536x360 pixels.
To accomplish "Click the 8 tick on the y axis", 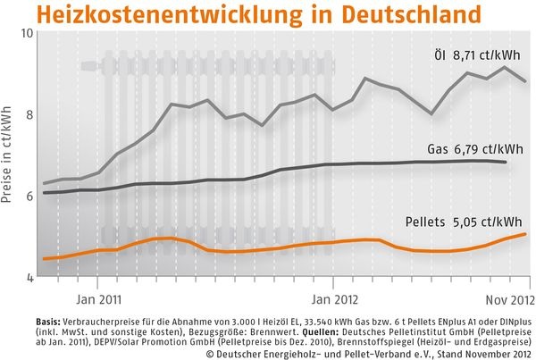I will click(x=29, y=114).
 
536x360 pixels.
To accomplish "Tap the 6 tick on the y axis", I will click(x=29, y=196).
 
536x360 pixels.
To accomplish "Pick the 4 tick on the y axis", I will click(x=29, y=278).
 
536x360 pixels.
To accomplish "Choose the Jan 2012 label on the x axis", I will click(x=333, y=291).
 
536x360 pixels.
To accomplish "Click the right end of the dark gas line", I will click(x=507, y=162).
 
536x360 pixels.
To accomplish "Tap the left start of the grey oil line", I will click(x=43, y=183).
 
